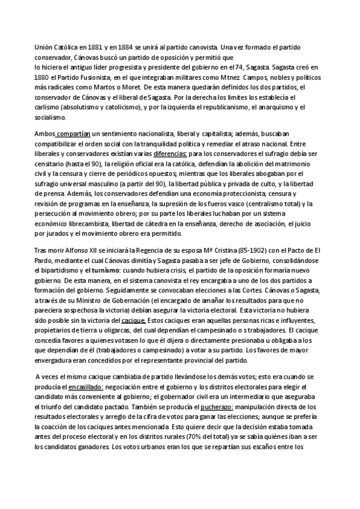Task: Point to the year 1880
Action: [x=40, y=79]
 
